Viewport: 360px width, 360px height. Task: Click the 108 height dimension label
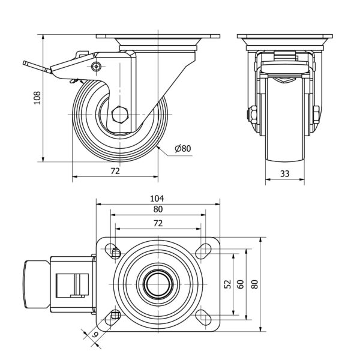coord(37,98)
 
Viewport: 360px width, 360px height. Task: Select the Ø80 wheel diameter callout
coord(183,149)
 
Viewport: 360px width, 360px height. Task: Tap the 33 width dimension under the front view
coord(286,174)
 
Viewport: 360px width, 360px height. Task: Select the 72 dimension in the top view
coord(157,223)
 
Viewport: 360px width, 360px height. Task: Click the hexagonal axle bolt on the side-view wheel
coord(120,113)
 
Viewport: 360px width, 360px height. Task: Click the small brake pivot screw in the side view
coord(96,68)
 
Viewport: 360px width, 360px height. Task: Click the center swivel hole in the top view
coord(157,285)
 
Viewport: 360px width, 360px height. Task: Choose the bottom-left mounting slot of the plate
coord(114,317)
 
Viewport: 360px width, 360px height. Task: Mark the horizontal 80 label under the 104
coord(157,210)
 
